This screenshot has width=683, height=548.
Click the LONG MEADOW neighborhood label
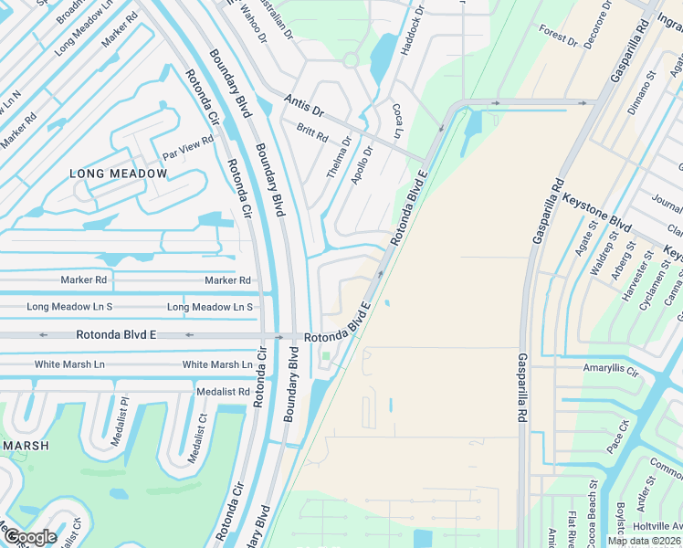click(x=119, y=174)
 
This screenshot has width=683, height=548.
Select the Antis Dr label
click(x=304, y=104)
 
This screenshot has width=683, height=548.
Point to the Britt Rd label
click(x=312, y=133)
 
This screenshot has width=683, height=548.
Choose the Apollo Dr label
click(x=363, y=165)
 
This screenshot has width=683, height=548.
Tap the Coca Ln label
click(x=399, y=121)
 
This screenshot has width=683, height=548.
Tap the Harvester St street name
click(x=638, y=279)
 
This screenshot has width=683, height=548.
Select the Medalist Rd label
click(x=224, y=391)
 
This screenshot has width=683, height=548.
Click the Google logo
click(x=29, y=536)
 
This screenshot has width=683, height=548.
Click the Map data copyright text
click(x=645, y=541)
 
